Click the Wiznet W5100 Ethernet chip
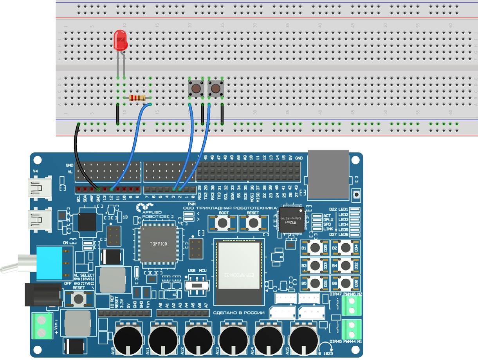coord(291,220)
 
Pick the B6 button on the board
coord(346,283)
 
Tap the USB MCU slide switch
coord(197,284)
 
